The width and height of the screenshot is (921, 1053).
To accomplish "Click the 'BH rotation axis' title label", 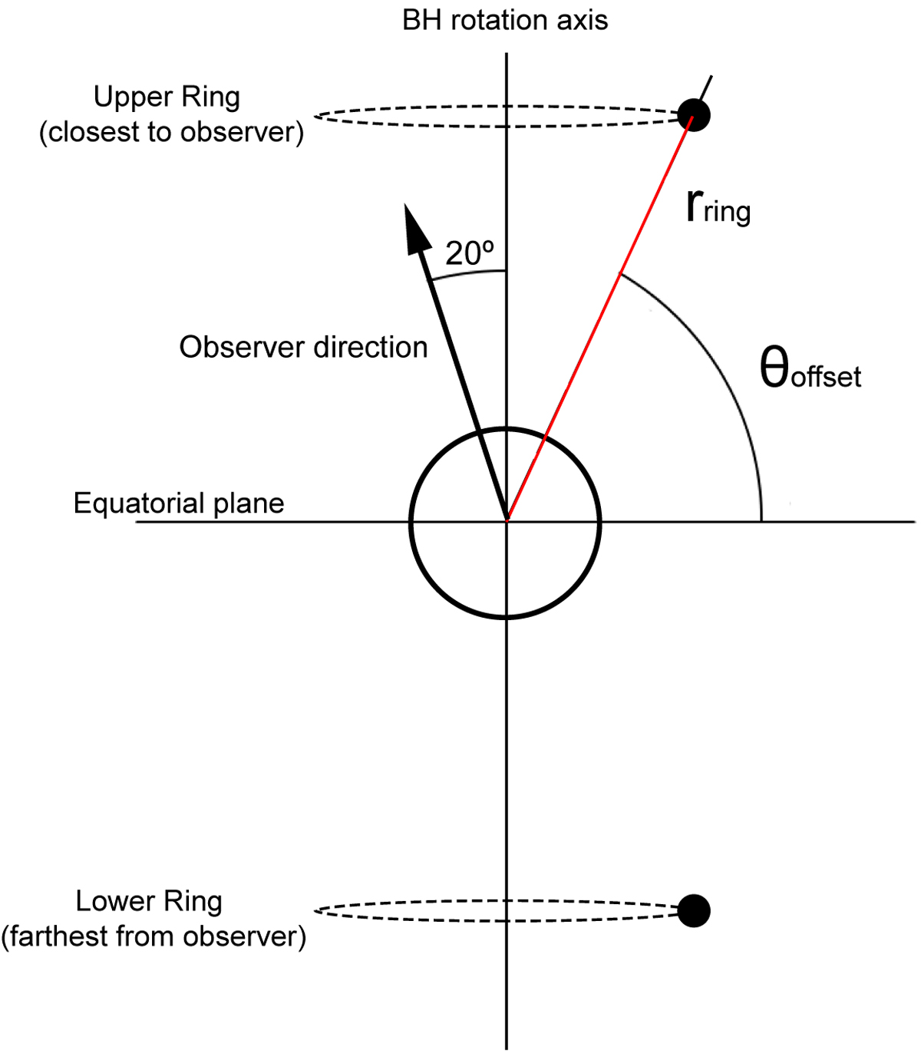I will pyautogui.click(x=505, y=21).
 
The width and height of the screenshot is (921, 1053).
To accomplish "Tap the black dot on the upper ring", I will pyautogui.click(x=695, y=116).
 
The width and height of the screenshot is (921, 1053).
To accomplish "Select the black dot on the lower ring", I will pyautogui.click(x=695, y=911).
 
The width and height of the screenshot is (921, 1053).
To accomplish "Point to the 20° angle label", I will pyautogui.click(x=470, y=254).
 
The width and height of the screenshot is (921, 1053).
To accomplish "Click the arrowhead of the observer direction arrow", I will pyautogui.click(x=414, y=227).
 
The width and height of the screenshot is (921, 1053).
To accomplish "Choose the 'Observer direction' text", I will pyautogui.click(x=303, y=348).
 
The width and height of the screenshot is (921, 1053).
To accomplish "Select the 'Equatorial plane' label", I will pyautogui.click(x=179, y=503).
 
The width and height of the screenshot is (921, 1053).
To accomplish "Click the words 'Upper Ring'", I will pyautogui.click(x=167, y=97).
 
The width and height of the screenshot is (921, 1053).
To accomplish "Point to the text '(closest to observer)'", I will pyautogui.click(x=171, y=132).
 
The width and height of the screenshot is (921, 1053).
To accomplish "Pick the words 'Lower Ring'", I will pyautogui.click(x=149, y=902).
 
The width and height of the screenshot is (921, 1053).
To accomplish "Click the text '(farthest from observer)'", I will pyautogui.click(x=153, y=936).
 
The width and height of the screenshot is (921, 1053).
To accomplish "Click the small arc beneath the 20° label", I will pyautogui.click(x=468, y=274).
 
